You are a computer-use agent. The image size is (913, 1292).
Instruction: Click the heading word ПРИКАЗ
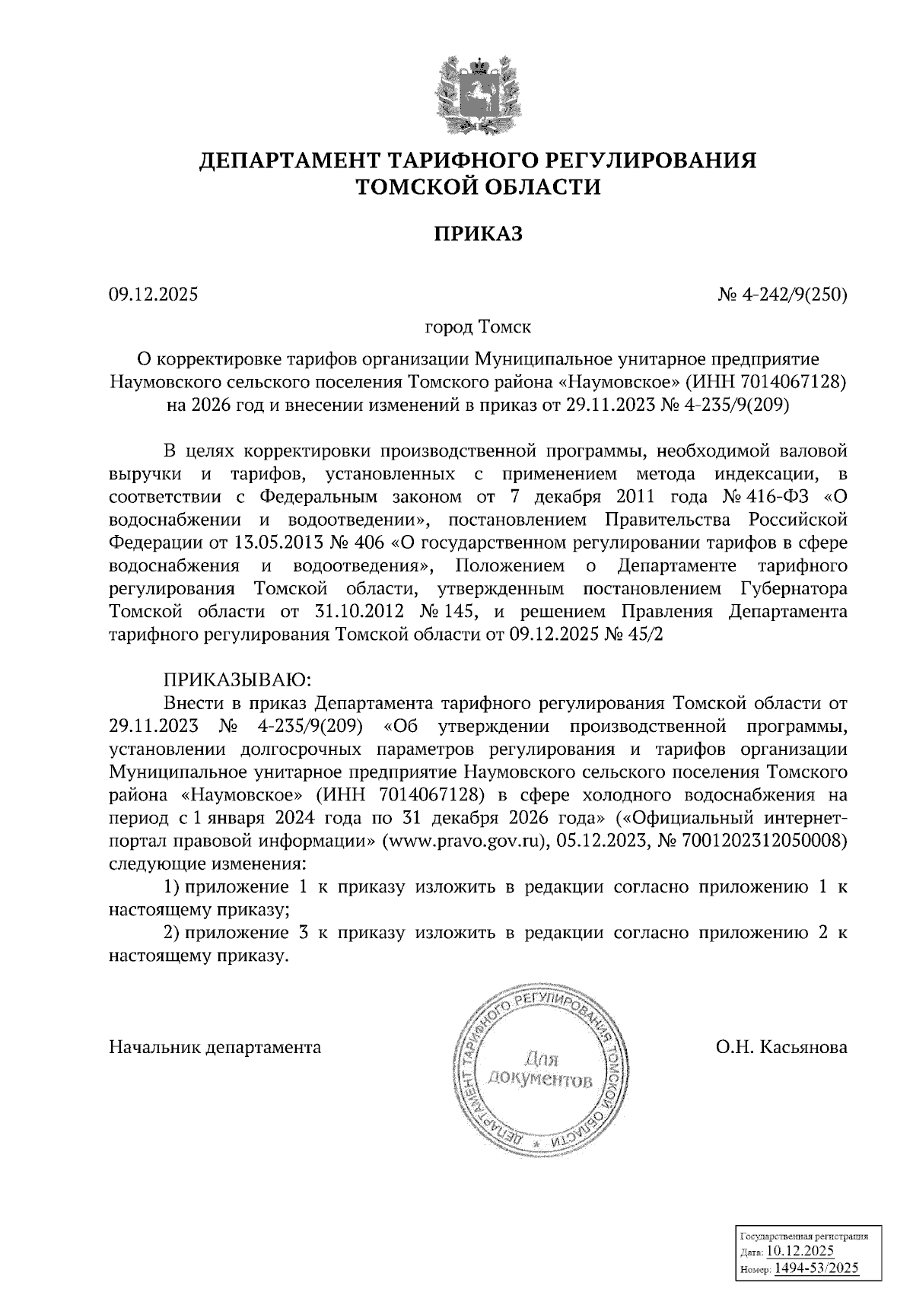[x=479, y=234]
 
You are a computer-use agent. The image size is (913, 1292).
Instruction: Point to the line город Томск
[x=478, y=328]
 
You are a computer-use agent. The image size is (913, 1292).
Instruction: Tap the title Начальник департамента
[x=215, y=1048]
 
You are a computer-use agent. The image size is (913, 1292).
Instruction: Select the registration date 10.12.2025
[x=800, y=1251]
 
